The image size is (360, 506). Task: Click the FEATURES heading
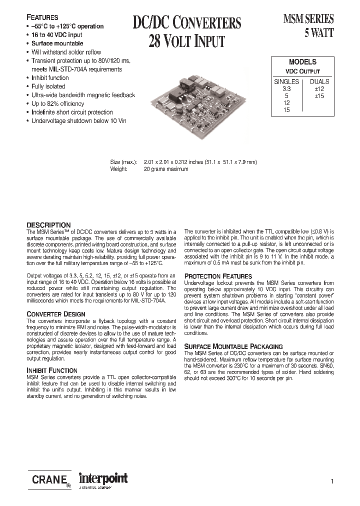coord(42,17)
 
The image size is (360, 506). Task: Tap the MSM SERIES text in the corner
coord(308,19)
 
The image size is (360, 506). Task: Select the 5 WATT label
coord(319,33)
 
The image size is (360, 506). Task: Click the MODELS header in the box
coord(302,62)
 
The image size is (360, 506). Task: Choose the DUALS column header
coord(319,81)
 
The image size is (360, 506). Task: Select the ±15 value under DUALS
coord(319,95)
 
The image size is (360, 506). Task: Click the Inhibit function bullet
coord(50,78)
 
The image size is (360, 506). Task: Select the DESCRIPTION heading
coord(48,225)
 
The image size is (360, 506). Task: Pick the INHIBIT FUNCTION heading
coord(51,370)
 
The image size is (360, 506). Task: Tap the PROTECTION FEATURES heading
coord(218,276)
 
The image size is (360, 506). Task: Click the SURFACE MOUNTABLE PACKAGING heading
coord(233,346)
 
